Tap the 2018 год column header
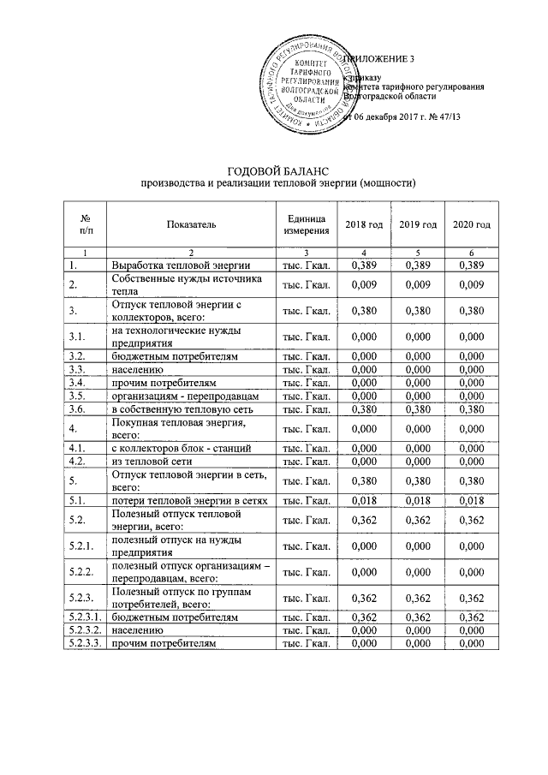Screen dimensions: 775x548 [x=364, y=224]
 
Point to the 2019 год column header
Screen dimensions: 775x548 [x=418, y=224]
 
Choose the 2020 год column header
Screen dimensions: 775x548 [x=472, y=224]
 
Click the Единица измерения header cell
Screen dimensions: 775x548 [x=306, y=224]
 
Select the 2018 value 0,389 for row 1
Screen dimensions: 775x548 [x=364, y=265]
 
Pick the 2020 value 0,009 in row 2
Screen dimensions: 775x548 [x=472, y=283]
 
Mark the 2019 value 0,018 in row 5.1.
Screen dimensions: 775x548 [x=418, y=499]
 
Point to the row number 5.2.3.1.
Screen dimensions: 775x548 [x=83, y=617]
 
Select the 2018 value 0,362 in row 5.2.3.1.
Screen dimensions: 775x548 [x=364, y=617]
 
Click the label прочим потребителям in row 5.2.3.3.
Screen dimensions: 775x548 [x=162, y=642]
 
